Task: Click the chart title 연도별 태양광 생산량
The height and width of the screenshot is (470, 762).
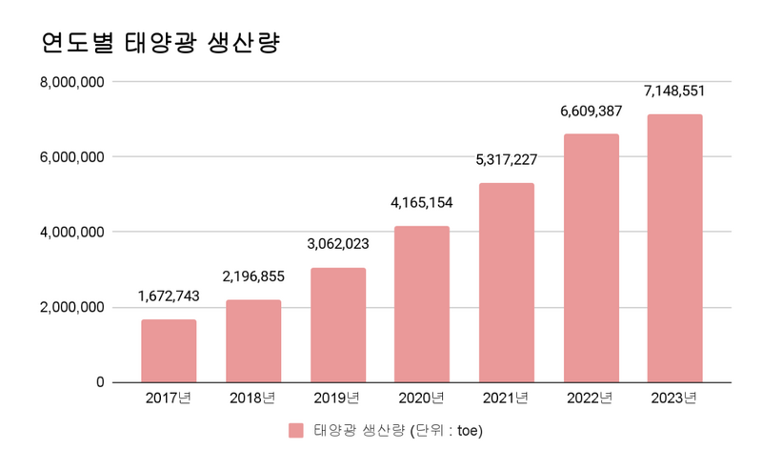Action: tap(160, 43)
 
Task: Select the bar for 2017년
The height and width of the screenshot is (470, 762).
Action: tap(169, 351)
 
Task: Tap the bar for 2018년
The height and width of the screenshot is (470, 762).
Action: tap(253, 341)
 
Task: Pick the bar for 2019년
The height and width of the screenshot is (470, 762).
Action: tap(338, 325)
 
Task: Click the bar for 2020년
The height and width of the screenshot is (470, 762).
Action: tap(422, 304)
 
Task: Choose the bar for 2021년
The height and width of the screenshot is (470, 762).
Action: tap(507, 282)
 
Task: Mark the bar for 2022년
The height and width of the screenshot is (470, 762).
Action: tap(591, 258)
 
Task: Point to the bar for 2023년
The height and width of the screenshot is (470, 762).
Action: tap(674, 248)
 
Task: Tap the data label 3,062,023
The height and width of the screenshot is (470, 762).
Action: tap(338, 245)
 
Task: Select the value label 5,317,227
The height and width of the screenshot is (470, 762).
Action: tap(507, 160)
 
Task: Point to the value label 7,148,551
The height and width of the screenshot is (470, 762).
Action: tap(674, 92)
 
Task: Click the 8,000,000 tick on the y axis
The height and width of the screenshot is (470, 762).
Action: tap(71, 82)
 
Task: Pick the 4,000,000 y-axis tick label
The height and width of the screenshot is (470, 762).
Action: tap(71, 232)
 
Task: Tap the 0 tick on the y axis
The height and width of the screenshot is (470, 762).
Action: tap(99, 382)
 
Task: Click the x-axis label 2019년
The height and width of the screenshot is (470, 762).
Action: tap(338, 398)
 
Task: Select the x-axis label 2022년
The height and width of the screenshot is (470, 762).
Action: tap(591, 398)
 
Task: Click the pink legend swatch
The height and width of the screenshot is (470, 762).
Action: tap(296, 431)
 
